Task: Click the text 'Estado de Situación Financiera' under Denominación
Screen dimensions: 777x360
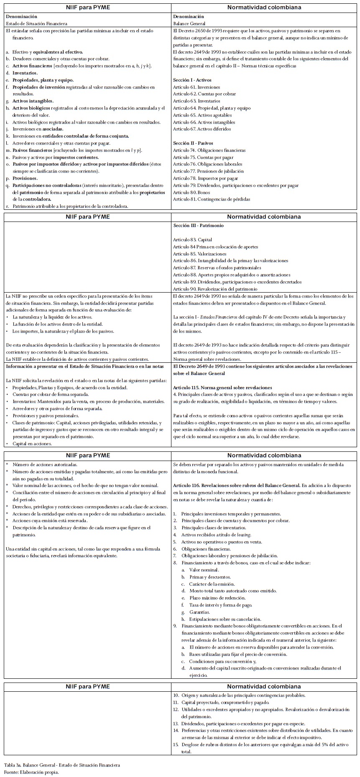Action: point(36,24)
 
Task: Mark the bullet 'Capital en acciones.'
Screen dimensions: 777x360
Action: point(32,443)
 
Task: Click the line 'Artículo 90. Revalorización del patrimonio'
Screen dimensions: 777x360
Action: point(215,289)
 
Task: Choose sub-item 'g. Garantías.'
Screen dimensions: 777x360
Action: point(199,612)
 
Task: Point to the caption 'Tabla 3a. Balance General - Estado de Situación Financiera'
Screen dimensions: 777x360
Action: point(62,765)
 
